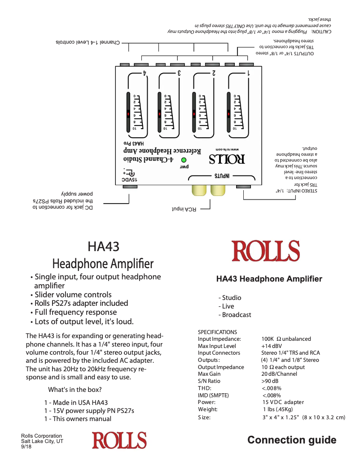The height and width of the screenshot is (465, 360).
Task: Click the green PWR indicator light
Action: point(183,160)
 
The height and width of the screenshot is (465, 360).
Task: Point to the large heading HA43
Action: point(103,247)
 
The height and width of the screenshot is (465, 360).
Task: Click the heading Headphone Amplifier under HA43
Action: point(103,264)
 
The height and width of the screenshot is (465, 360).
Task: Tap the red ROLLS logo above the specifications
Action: point(265,251)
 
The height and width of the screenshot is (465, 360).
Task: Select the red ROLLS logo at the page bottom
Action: point(119,440)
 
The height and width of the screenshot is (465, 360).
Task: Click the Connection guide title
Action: point(292,440)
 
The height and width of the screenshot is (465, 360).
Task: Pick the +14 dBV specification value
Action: point(272,346)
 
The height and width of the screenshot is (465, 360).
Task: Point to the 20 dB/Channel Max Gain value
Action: point(279,374)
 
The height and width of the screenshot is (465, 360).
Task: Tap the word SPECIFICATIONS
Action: point(217,332)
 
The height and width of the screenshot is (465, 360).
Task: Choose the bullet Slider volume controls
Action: point(73,295)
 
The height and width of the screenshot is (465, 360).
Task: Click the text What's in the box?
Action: point(75,389)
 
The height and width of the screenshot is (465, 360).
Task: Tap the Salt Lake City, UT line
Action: point(42,441)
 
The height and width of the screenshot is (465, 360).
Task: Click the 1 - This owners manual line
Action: point(78,419)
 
